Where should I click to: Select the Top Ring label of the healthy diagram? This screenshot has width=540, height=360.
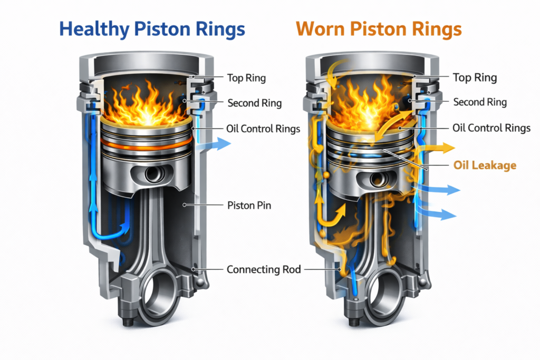(x=246, y=78)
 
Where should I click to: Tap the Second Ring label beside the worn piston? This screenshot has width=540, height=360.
(x=480, y=102)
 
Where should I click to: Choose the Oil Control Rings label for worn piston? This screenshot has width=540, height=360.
(x=491, y=128)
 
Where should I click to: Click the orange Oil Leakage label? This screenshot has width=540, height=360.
(x=485, y=166)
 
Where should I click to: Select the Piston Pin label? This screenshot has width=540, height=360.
(x=249, y=205)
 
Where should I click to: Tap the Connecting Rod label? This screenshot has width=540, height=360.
(x=264, y=269)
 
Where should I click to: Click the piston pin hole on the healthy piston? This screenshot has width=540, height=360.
(x=152, y=174)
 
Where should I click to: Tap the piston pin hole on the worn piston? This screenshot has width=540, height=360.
(x=378, y=179)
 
